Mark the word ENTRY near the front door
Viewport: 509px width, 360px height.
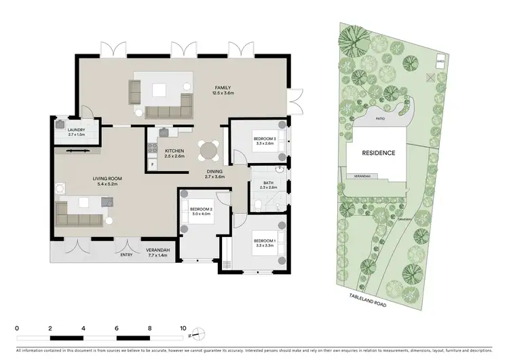(x=127, y=255)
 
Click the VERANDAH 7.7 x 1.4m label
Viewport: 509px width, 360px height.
(x=158, y=252)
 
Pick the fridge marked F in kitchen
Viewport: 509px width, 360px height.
(x=153, y=165)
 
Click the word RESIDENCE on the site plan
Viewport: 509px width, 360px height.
(x=378, y=154)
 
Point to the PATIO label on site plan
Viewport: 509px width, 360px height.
(x=382, y=119)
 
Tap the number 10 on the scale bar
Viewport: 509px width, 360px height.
(x=182, y=327)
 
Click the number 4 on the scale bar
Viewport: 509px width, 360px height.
(x=83, y=327)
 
